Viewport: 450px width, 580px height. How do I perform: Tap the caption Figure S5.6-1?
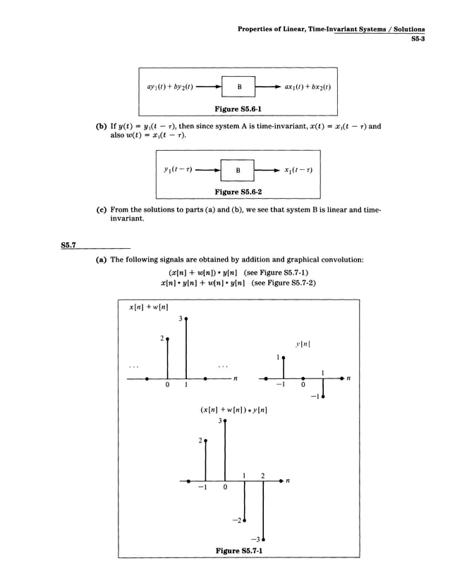point(239,109)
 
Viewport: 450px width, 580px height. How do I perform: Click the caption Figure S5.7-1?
point(239,550)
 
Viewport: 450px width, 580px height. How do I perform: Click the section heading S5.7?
point(68,245)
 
